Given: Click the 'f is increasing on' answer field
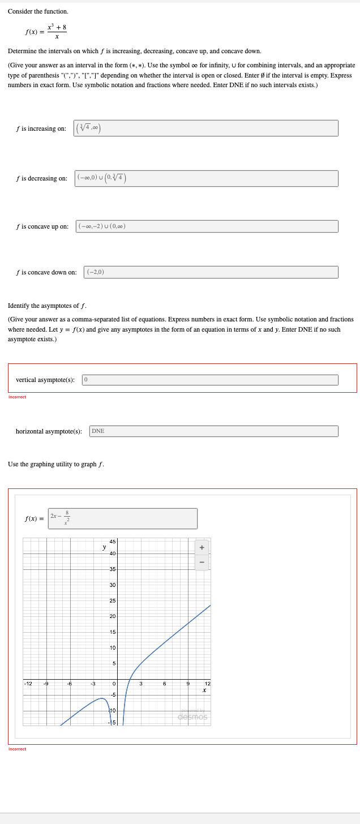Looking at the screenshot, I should point(206,128).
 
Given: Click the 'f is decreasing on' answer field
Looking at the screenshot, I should point(206,178).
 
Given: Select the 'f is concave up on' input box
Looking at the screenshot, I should point(207,226).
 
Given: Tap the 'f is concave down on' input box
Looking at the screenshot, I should point(211,272).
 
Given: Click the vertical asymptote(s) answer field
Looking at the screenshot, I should point(210,380).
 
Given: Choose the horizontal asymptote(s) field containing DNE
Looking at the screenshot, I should point(213,431).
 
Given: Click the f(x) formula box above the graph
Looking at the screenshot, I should point(122,518).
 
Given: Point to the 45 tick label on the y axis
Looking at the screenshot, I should point(113,540).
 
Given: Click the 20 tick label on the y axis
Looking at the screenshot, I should point(113,616).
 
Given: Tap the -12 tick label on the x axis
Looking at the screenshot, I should point(27,684).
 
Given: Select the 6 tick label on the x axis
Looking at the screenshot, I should point(164,684).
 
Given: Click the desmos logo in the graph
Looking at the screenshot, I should point(192,717).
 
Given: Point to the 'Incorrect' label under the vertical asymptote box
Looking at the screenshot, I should point(17,397).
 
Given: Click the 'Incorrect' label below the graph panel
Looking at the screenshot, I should point(17,749).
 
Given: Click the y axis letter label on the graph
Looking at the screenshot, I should point(104,547).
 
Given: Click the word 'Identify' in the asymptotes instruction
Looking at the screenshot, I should point(20,306).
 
